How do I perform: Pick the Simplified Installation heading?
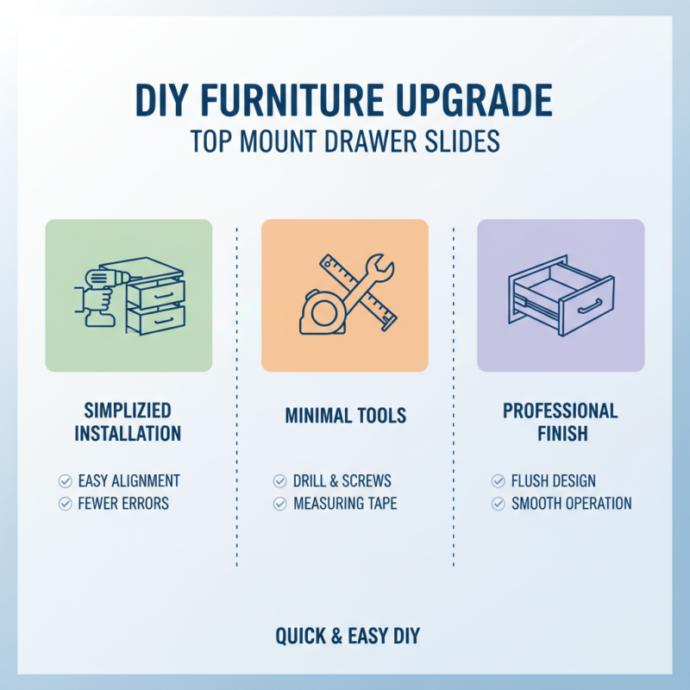(128, 421)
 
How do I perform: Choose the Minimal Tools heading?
(345, 417)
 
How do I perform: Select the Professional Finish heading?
(560, 421)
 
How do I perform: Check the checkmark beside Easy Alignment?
(65, 481)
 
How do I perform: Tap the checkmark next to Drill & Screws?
(279, 481)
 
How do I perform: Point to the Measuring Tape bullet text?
(345, 504)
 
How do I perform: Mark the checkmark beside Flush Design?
(498, 481)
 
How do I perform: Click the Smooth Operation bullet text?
(571, 504)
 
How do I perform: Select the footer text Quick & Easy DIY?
(347, 637)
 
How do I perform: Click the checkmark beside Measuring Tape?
(279, 504)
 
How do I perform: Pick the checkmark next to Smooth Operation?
(498, 504)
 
